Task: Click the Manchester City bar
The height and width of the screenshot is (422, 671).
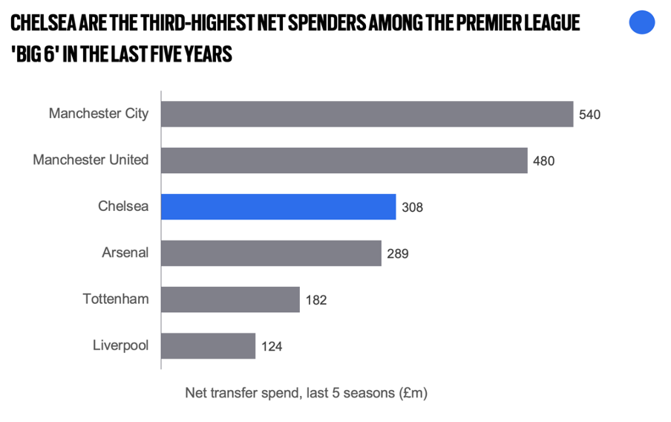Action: click(x=367, y=114)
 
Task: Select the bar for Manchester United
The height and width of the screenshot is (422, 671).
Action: click(x=344, y=160)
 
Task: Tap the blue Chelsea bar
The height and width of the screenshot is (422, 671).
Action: click(x=278, y=207)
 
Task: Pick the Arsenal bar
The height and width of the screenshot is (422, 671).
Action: click(x=271, y=253)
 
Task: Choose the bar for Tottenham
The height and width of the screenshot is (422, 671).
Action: click(x=230, y=299)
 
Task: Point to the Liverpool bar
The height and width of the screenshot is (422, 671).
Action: click(x=208, y=345)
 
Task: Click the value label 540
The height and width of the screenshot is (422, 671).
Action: click(x=589, y=114)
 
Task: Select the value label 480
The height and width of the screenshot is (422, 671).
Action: click(x=543, y=160)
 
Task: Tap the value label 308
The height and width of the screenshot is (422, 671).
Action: click(x=412, y=207)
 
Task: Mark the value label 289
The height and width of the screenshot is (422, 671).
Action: click(x=397, y=253)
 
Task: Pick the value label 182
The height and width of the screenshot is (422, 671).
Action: click(x=315, y=300)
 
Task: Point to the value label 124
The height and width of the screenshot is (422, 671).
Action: click(x=271, y=346)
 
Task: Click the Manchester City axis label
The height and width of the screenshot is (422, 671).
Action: click(x=99, y=114)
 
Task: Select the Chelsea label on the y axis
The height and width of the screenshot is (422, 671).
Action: click(x=123, y=207)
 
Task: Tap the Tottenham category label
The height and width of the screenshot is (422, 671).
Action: click(x=115, y=299)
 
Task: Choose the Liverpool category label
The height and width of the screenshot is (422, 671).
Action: click(x=120, y=345)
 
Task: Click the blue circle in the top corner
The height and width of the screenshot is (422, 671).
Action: click(x=642, y=22)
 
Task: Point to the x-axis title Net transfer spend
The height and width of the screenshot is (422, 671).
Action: click(x=306, y=393)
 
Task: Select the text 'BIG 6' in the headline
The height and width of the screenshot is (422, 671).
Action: click(x=36, y=54)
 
